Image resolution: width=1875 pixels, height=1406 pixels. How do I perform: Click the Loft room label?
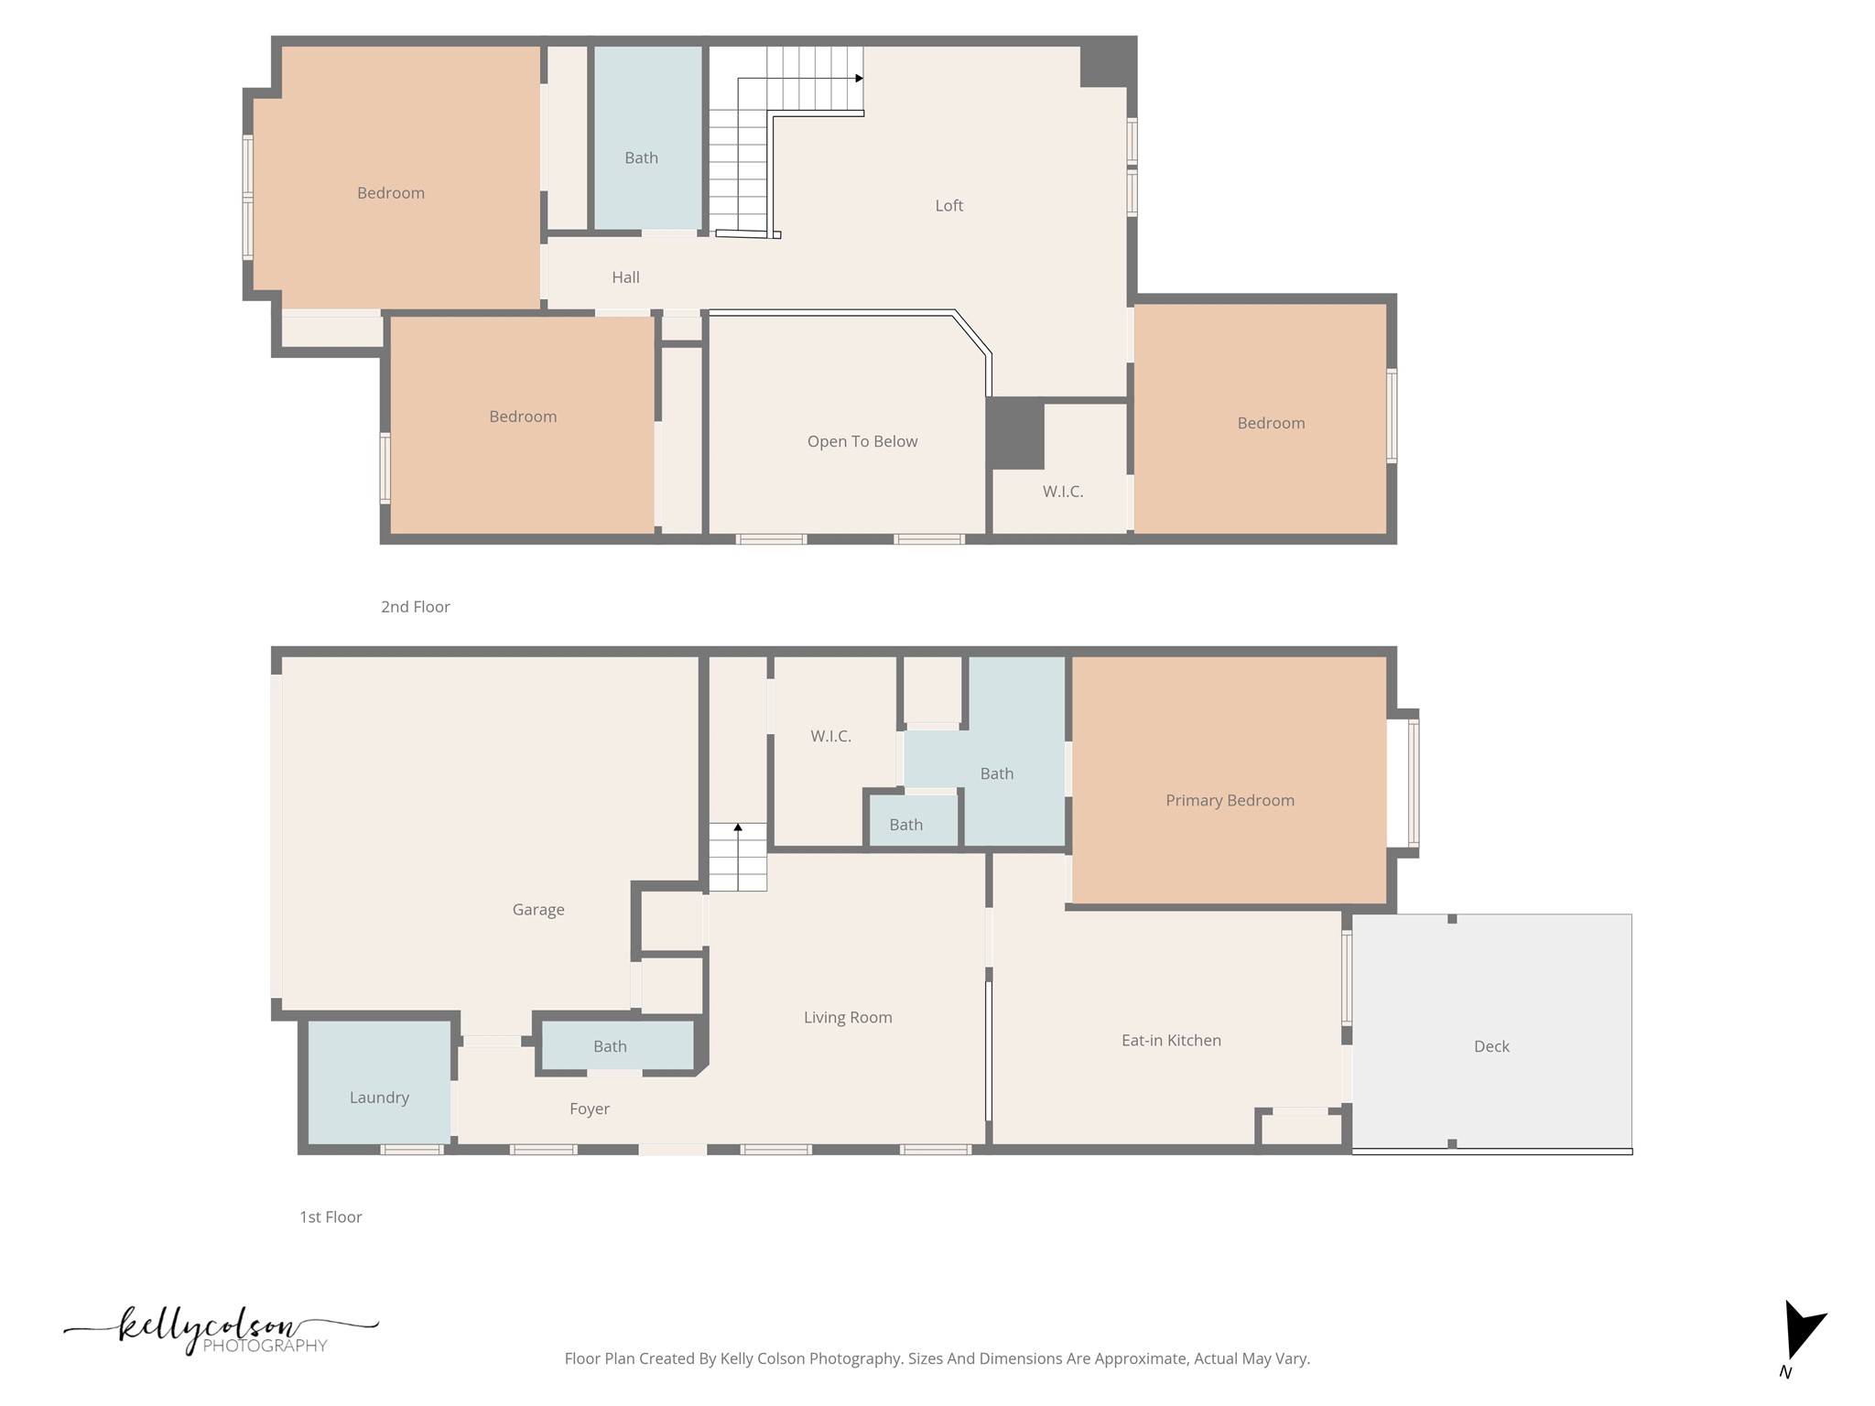pos(948,206)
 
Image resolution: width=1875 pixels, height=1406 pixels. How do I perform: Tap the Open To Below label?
pos(862,441)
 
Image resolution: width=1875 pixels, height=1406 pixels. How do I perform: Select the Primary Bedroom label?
pos(1229,800)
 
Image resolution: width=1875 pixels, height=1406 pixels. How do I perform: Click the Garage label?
pos(537,909)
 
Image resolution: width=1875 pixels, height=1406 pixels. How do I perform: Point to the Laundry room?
pos(379,1097)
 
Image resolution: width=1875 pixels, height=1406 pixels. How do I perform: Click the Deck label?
pos(1490,1046)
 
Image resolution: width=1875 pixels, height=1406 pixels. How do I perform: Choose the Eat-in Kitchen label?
pos(1170,1040)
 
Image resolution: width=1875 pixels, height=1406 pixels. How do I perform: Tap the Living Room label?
pos(847,1017)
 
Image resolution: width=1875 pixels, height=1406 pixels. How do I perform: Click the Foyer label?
pos(589,1109)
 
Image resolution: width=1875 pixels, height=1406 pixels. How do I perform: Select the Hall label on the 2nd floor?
pos(625,277)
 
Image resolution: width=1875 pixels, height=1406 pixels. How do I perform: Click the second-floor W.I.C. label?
pos(1062,492)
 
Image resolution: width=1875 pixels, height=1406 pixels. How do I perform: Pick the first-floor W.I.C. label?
pos(830,736)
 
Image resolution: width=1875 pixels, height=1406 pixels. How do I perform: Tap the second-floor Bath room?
pos(641,157)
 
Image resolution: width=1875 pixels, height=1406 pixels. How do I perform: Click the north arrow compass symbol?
pos(1800,1332)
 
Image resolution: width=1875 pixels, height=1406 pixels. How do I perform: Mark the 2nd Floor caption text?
pos(415,607)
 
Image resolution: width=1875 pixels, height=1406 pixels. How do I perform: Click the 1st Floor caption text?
pos(331,1217)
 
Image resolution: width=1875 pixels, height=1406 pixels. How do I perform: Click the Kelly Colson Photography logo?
pos(220,1332)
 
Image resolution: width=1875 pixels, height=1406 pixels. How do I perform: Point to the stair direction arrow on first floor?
pos(738,827)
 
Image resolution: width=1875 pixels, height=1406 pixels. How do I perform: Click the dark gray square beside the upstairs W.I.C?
pos(1015,433)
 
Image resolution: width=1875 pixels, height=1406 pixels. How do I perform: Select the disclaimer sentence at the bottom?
pos(937,1358)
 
